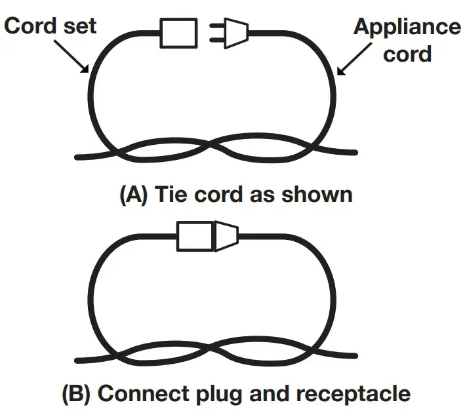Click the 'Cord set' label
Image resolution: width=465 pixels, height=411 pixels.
click(x=50, y=26)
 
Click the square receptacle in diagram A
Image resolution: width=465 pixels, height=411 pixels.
click(x=178, y=32)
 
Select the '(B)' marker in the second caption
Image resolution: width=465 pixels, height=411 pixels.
click(x=77, y=394)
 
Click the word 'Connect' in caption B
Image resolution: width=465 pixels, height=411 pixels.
click(x=143, y=394)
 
